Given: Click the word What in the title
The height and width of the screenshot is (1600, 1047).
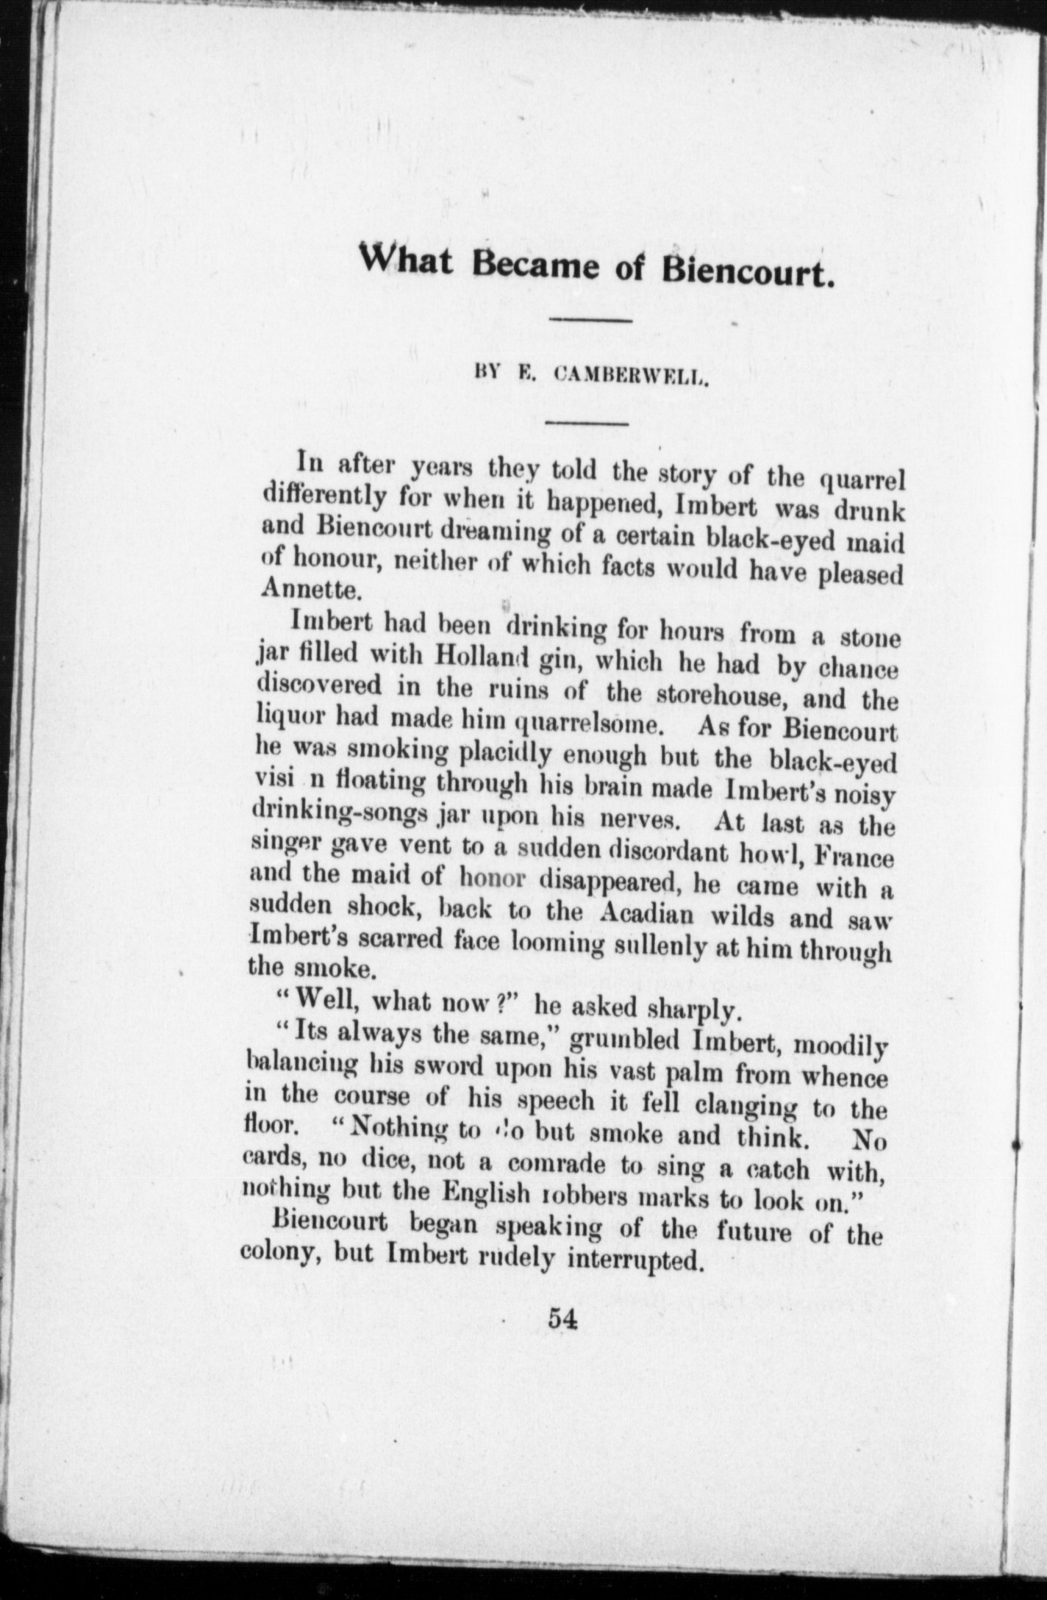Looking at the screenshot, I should click(411, 262).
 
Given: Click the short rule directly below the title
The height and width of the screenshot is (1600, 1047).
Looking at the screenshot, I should click(591, 320).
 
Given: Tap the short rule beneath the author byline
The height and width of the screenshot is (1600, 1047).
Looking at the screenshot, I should click(586, 423).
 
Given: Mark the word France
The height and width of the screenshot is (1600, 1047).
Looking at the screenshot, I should click(855, 857).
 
